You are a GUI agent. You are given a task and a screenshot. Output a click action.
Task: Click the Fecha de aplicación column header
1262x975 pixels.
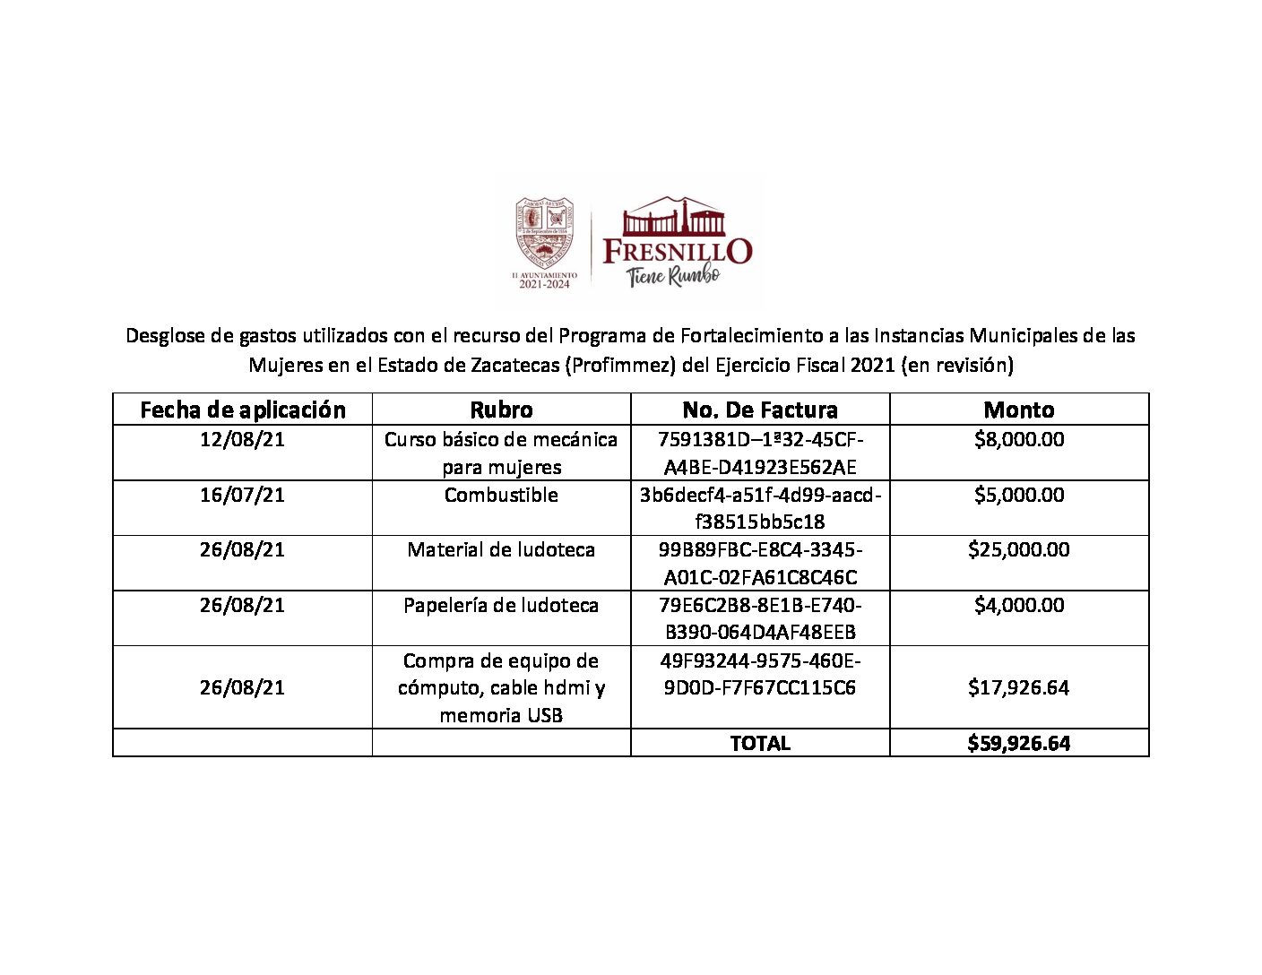coord(242,410)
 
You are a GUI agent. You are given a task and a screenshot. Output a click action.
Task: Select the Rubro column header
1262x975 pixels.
coord(501,410)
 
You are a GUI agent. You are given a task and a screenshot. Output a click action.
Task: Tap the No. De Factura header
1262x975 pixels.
coord(760,410)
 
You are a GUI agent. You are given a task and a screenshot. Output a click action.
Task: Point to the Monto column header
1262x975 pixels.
coord(1019,410)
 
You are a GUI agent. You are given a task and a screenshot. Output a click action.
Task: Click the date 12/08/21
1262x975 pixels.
coord(242,439)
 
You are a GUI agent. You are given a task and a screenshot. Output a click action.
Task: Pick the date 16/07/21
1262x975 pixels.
coord(242,495)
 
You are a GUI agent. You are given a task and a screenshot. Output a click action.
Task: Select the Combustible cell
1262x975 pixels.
coord(501,495)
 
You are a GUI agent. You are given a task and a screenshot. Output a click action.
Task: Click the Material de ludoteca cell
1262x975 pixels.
coord(501,549)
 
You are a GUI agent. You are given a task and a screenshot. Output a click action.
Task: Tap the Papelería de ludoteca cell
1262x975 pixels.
coord(501,605)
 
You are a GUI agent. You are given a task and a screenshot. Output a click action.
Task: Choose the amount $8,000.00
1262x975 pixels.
coord(1019,439)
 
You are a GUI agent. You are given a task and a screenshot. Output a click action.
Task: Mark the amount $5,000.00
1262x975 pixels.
coord(1019,495)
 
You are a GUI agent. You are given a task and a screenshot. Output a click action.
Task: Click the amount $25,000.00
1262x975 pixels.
coord(1019,549)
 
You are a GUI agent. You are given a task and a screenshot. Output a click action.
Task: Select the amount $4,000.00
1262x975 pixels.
coord(1019,605)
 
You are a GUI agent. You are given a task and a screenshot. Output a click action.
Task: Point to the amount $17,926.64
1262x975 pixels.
coord(1019,687)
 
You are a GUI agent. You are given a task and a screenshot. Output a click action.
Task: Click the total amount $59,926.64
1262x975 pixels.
coord(1019,743)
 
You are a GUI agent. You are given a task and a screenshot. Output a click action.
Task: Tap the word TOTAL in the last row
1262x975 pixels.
coord(760,743)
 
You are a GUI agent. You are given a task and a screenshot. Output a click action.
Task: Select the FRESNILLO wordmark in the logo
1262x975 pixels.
coord(678,251)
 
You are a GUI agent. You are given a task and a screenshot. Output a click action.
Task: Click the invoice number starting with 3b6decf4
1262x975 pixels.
coord(760,508)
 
